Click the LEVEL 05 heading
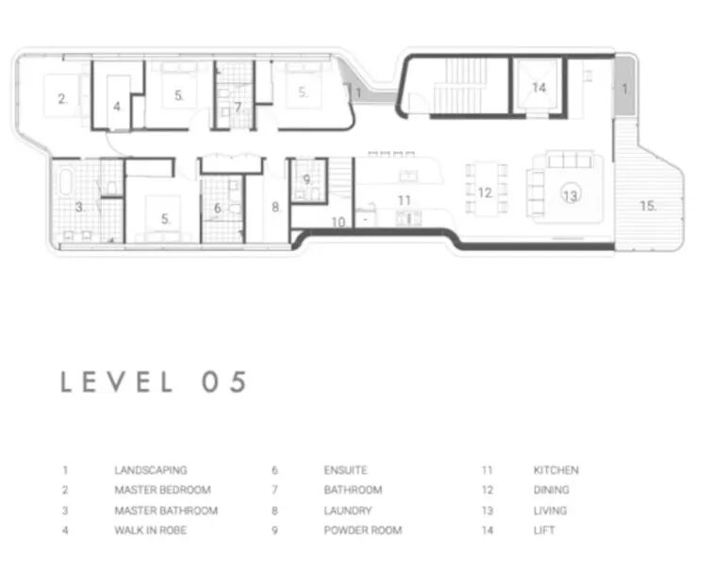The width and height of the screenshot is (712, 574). pos(154,381)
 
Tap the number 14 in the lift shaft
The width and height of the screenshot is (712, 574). pos(539,87)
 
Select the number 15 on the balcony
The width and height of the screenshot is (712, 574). pos(648,206)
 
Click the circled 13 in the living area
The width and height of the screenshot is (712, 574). pos(571,195)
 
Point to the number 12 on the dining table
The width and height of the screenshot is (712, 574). pos(486,194)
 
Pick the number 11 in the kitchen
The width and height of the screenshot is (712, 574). pos(405,200)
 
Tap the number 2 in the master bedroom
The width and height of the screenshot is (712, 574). pos(62,98)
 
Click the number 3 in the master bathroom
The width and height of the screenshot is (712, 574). pos(79,208)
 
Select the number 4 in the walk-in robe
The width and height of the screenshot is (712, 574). pos(117,107)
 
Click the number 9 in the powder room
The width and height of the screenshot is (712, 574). pos(307,180)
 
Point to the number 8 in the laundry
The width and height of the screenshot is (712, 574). pos(275,208)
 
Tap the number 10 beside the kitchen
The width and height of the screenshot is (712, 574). pos(339,222)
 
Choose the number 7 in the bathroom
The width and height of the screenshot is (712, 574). pos(238,108)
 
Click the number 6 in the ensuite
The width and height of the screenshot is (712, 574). pos(218,208)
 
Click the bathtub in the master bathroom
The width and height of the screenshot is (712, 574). pos(65,182)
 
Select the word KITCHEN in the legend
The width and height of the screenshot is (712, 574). pos(555,470)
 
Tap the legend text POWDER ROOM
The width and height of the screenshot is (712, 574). pos(363,530)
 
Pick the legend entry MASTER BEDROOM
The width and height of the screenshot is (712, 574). pos(162,490)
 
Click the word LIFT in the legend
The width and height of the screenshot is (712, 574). pos(544,530)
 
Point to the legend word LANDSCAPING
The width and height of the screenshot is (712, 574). pos(151,470)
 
